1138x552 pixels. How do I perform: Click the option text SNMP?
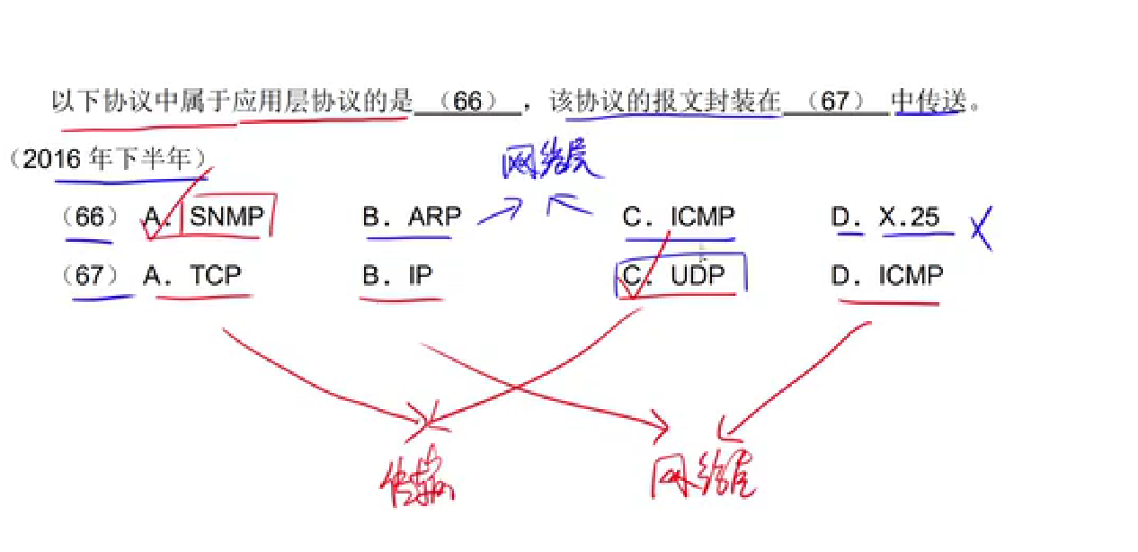[x=227, y=217]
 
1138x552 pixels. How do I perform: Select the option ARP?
[x=434, y=217]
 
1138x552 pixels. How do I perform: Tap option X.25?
[x=910, y=217]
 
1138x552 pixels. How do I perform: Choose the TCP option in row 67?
[x=215, y=275]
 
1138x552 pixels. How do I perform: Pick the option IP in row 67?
[x=420, y=275]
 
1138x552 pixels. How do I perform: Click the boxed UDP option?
[x=697, y=275]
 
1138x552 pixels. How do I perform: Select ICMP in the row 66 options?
[x=702, y=217]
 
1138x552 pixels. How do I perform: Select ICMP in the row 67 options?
[x=911, y=275]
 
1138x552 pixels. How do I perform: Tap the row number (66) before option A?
[x=90, y=218]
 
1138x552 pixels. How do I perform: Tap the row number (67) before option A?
[x=90, y=275]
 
